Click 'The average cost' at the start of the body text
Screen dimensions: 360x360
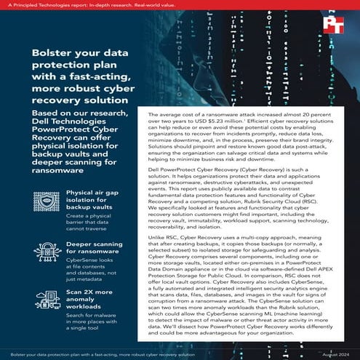pos(172,116)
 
